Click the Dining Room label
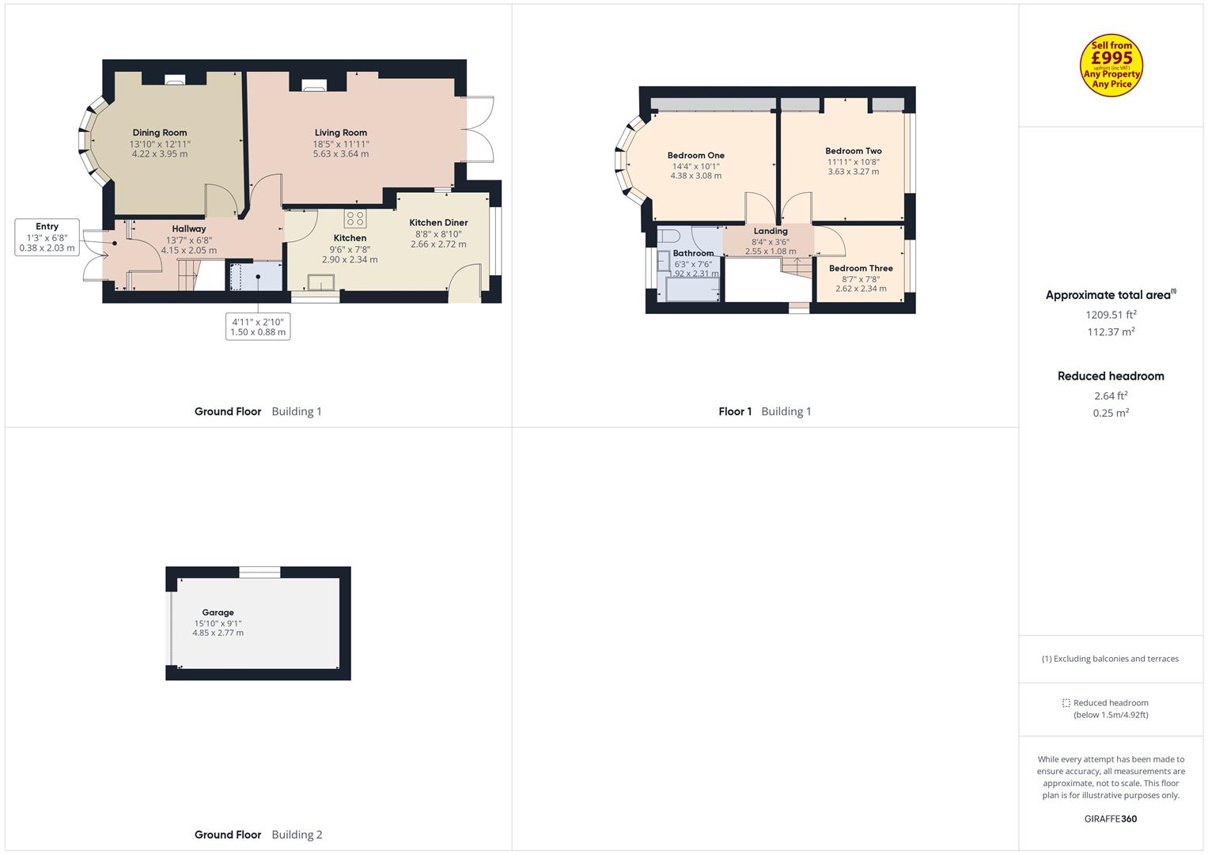tap(160, 133)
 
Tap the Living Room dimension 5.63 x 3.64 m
tap(341, 153)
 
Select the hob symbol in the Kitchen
tap(355, 218)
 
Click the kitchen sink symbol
tap(321, 282)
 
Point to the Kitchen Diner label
tap(438, 223)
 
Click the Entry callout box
tap(47, 237)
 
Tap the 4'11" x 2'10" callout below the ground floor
tap(258, 327)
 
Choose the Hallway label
tap(189, 229)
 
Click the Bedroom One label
tap(695, 155)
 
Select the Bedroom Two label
tap(853, 151)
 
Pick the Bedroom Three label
tap(861, 268)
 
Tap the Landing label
tap(771, 231)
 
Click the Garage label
tap(218, 613)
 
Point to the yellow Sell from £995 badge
tap(1111, 65)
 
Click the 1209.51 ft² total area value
tap(1111, 315)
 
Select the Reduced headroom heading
tap(1111, 376)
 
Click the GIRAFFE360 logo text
tap(1111, 818)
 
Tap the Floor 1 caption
tap(735, 411)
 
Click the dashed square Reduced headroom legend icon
tap(1066, 703)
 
